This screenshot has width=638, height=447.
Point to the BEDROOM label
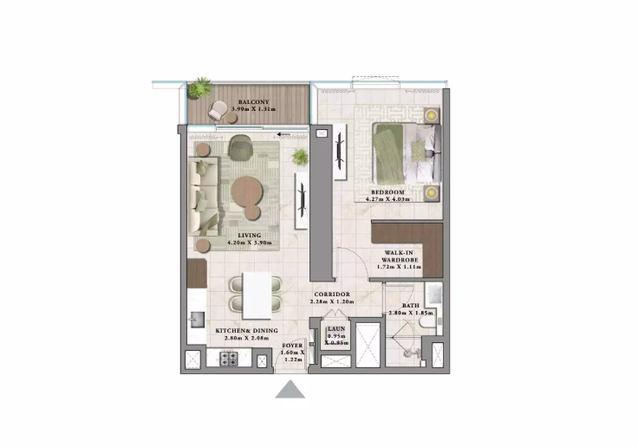pos(389,191)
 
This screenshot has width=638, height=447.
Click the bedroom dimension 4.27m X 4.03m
pos(389,199)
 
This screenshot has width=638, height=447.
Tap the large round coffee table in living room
pos(247,190)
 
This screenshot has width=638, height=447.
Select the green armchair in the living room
pos(240,149)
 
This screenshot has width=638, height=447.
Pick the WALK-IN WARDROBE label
pos(398,257)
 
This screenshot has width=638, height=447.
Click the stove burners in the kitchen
pos(231,359)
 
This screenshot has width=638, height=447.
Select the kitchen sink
pos(196,322)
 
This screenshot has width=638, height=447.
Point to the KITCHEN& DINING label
pos(244,330)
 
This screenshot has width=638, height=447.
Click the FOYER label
pos(293,346)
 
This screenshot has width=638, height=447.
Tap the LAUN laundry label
pos(336,330)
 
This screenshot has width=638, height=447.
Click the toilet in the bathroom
pos(425,321)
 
